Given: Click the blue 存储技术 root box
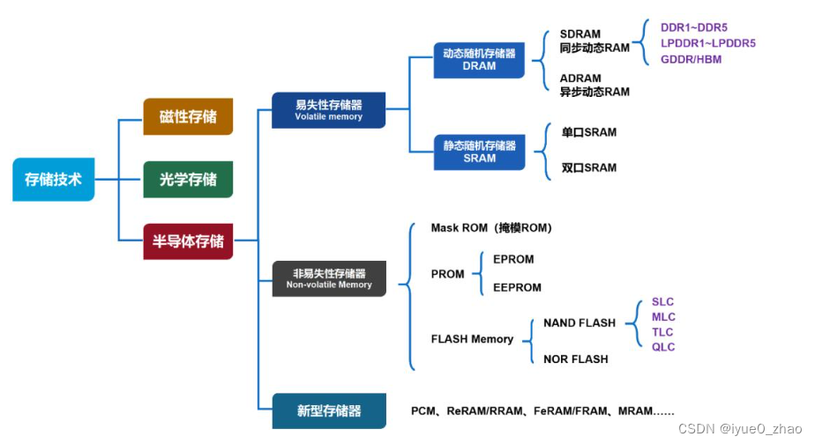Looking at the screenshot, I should click(x=53, y=180).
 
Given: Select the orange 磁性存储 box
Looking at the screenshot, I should click(x=188, y=116).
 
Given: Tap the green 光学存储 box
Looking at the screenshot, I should click(x=188, y=179).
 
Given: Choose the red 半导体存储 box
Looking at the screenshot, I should click(x=188, y=240).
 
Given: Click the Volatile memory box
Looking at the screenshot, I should click(x=328, y=110).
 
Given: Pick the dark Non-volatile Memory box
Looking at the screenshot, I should click(x=329, y=278).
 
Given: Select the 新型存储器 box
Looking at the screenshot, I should click(x=329, y=411).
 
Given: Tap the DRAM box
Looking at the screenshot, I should click(x=479, y=59).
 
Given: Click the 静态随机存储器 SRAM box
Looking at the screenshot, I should click(x=479, y=152).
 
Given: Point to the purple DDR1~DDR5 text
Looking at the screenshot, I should click(x=694, y=27).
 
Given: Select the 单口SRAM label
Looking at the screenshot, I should click(x=589, y=132).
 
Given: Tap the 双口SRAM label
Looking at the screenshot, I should click(x=589, y=167).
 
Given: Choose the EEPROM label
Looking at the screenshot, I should click(x=517, y=287).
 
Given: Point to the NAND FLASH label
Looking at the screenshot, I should click(x=579, y=323).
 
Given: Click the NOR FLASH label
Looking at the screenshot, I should click(x=576, y=359).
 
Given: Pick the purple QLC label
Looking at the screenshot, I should click(x=663, y=347).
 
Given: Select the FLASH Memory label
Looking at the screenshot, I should click(x=472, y=339).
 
